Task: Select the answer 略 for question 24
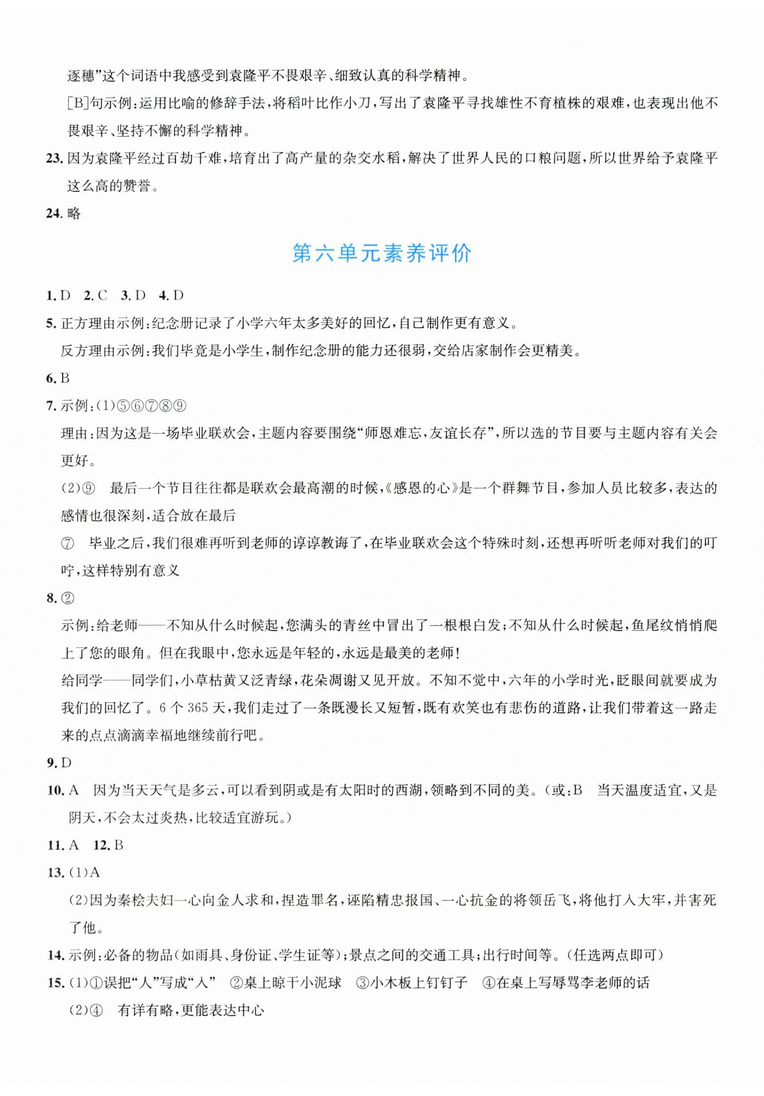[74, 213]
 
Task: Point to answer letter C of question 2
[102, 295]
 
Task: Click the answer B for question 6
[65, 378]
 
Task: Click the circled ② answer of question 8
[68, 598]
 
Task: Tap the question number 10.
[55, 791]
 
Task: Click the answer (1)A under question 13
[84, 872]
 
